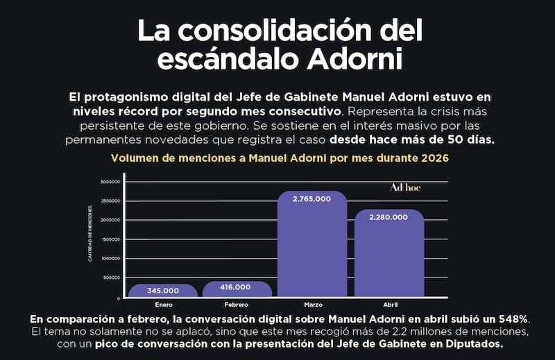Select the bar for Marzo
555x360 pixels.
point(312,244)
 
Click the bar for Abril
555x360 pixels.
point(389,253)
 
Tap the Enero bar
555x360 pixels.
point(163,290)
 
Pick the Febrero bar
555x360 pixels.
point(237,289)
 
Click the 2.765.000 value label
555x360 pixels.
point(311,199)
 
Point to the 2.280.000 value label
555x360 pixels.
point(388,217)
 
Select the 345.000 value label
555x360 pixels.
point(163,291)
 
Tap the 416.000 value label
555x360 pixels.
point(235,287)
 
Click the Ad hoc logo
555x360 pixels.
point(405,187)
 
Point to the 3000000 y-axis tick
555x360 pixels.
point(110,182)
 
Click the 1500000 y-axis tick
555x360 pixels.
point(110,239)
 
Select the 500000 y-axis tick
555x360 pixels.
point(112,278)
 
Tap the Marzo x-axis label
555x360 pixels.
point(314,305)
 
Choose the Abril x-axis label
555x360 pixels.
point(391,305)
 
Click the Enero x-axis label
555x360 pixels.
point(164,305)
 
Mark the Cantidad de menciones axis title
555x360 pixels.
point(90,234)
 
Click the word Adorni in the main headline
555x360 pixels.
point(355,60)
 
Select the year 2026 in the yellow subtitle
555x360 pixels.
point(435,158)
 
